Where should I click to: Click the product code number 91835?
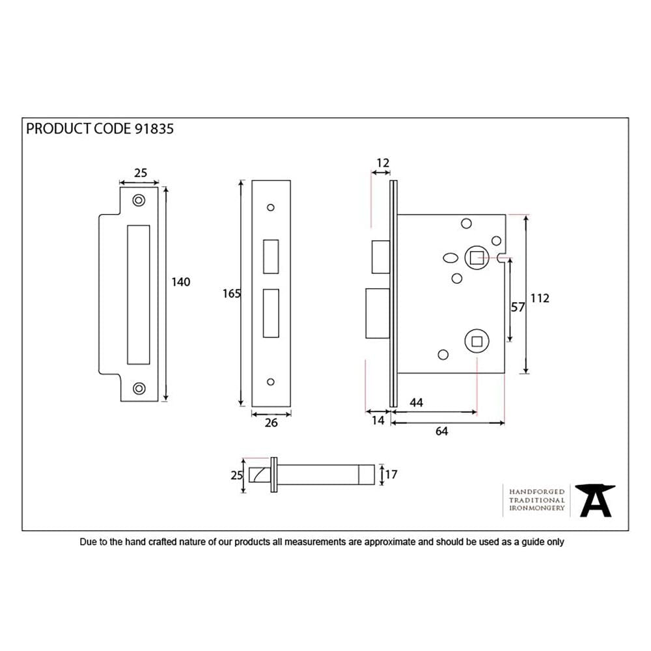click(x=154, y=128)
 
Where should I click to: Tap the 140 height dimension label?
click(x=180, y=282)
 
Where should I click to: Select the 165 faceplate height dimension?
click(x=232, y=294)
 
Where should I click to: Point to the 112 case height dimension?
click(x=540, y=298)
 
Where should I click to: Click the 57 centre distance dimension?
click(x=518, y=307)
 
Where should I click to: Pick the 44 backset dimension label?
click(x=416, y=403)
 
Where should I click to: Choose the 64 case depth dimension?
click(x=441, y=430)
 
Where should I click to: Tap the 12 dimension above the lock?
click(x=383, y=163)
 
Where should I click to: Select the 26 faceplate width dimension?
click(x=271, y=422)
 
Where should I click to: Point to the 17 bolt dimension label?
click(x=391, y=475)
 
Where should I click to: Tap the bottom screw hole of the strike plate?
click(x=138, y=389)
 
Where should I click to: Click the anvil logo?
click(x=596, y=501)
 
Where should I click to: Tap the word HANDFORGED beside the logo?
click(x=536, y=492)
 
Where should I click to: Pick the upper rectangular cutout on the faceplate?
click(x=271, y=256)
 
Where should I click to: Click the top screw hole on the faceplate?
click(x=271, y=208)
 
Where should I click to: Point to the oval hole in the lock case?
click(x=449, y=258)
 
